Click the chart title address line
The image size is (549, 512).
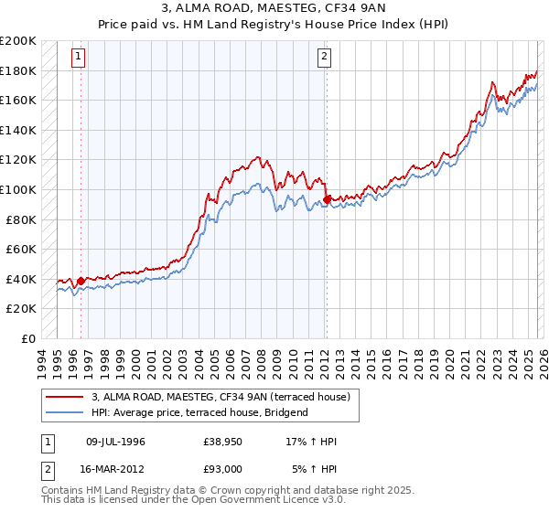274,8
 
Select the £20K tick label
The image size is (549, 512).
21,309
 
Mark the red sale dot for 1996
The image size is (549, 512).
81,281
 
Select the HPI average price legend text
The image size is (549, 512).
199,412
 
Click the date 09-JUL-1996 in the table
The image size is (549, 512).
114,442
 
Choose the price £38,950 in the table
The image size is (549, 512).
223,442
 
